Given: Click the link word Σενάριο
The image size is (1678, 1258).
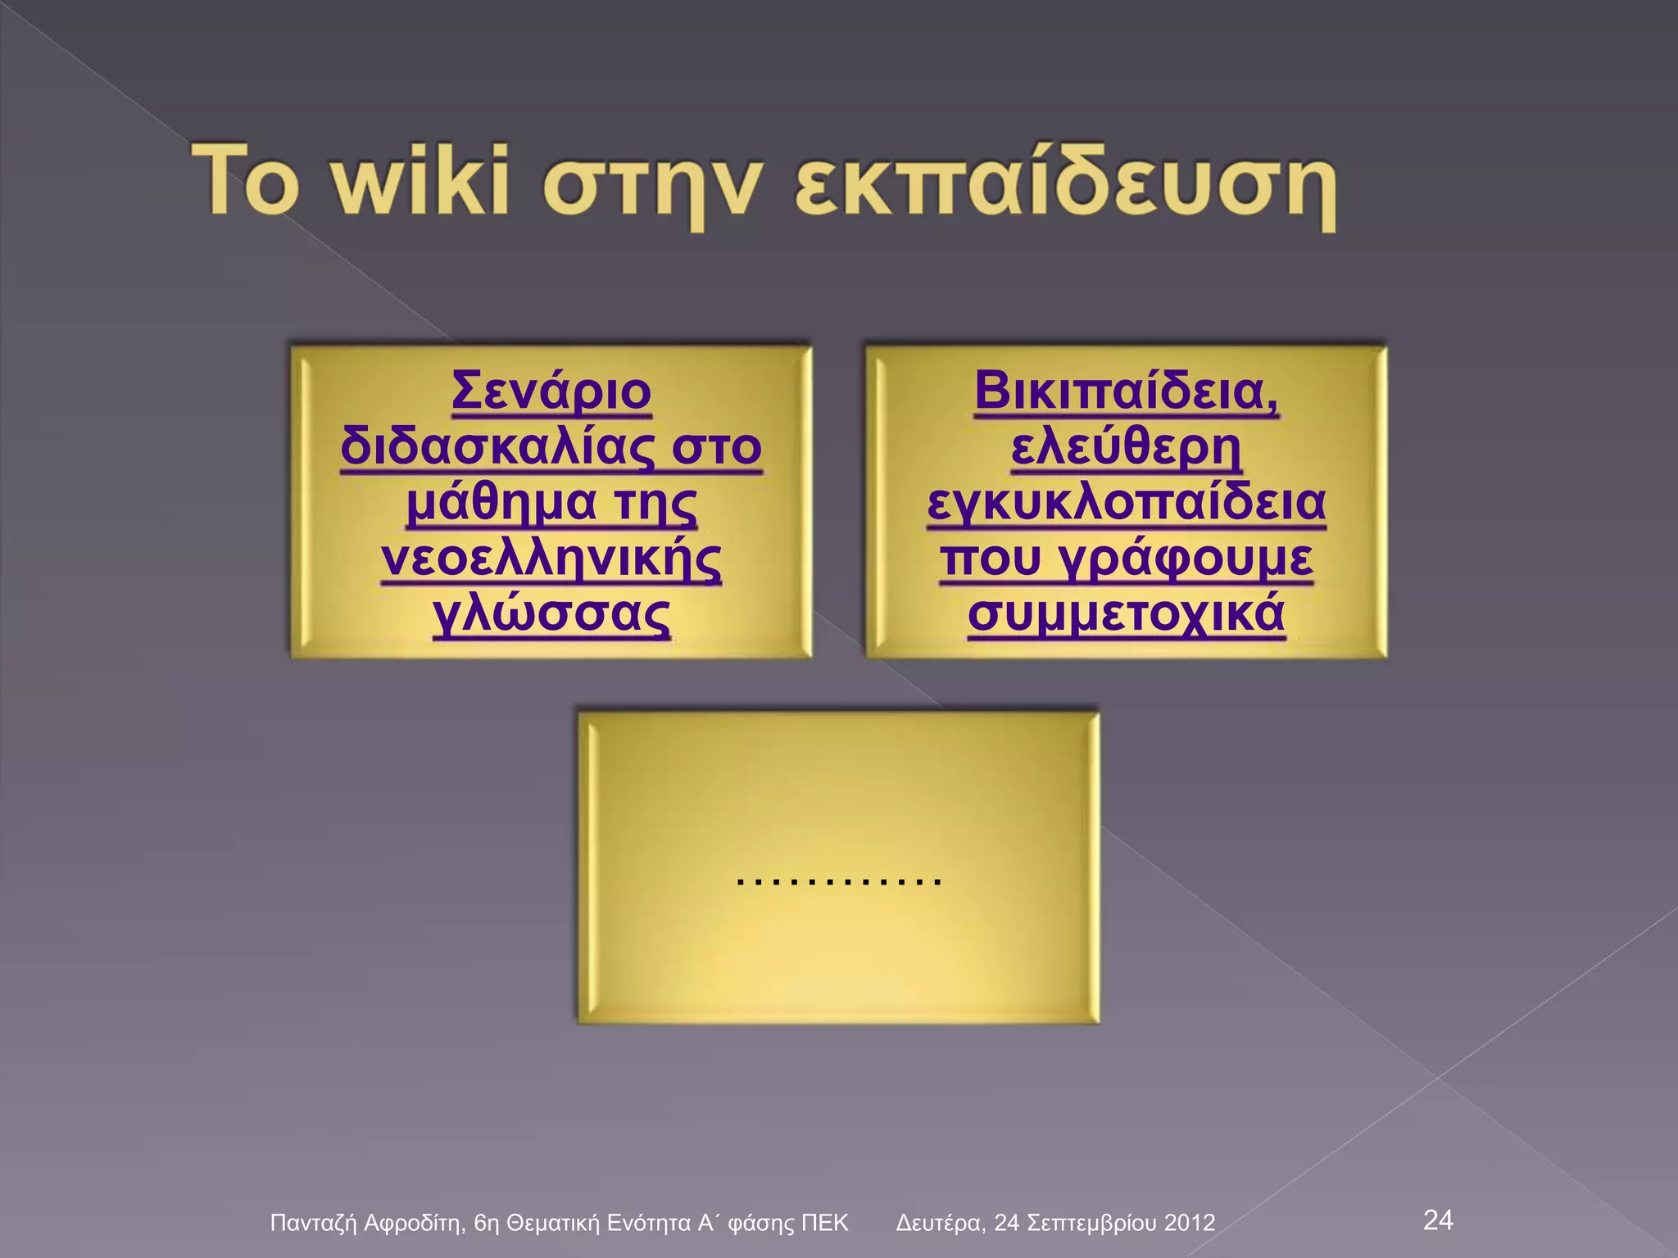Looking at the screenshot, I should click(x=551, y=391).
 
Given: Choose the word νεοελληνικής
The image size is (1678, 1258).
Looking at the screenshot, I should click(x=551, y=559).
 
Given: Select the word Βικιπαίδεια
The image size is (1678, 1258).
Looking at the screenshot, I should click(x=1126, y=391).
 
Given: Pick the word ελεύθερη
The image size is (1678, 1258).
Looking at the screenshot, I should click(x=1126, y=447).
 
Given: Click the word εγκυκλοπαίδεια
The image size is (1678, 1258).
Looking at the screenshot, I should click(x=1126, y=503).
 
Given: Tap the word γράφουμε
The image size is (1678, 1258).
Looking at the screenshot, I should click(x=1185, y=559).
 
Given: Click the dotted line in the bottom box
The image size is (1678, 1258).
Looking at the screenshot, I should click(x=838, y=881).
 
